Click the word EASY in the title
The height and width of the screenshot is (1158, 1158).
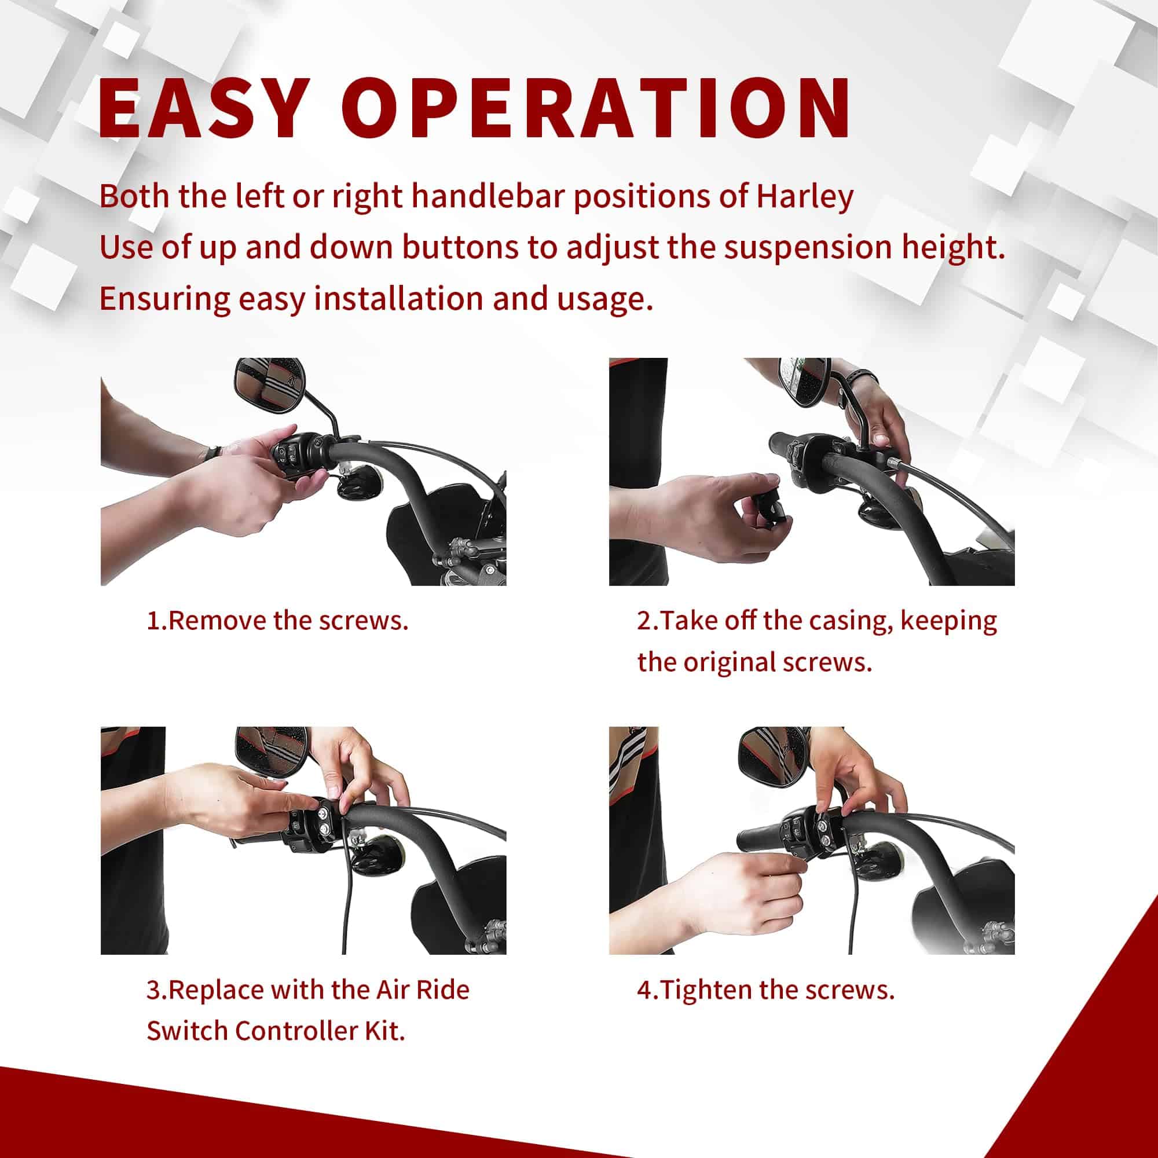[201, 108]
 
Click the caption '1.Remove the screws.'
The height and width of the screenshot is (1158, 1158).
[277, 620]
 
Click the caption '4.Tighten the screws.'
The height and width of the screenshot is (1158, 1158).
[765, 990]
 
